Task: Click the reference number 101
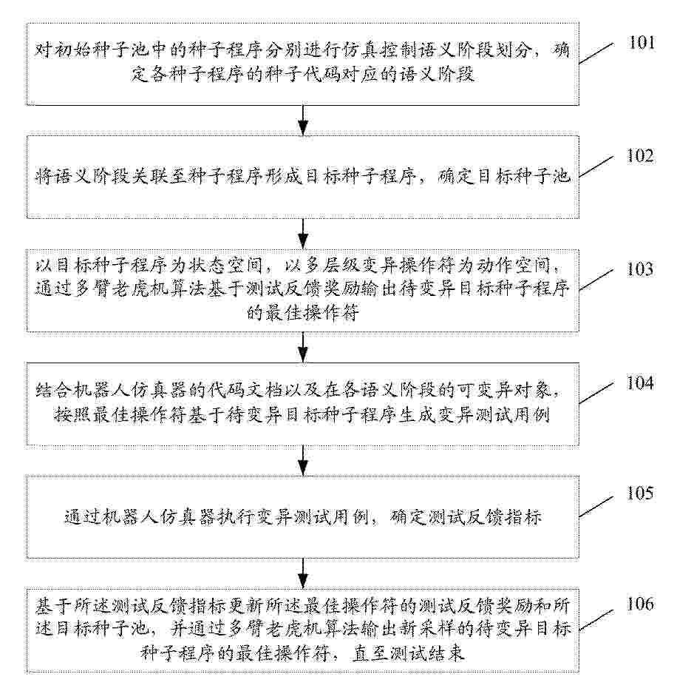coord(642,42)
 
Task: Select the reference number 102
coord(640,155)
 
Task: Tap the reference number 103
coord(640,269)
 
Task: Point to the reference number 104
coord(640,383)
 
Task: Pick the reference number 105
coord(640,493)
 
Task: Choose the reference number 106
coord(640,604)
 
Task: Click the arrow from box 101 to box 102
coord(303,121)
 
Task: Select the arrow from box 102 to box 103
coord(303,234)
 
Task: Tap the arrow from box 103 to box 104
coord(303,347)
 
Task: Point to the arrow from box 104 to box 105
coord(303,460)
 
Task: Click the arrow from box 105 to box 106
coord(303,573)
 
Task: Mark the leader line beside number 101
coord(596,53)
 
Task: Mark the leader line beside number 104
coord(596,393)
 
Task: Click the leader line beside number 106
coord(596,620)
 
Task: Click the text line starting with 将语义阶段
coord(303,177)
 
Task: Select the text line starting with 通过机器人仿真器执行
coord(303,516)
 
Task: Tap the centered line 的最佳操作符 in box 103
coord(303,313)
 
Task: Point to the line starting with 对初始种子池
coord(303,50)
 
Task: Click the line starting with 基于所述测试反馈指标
coord(303,606)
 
